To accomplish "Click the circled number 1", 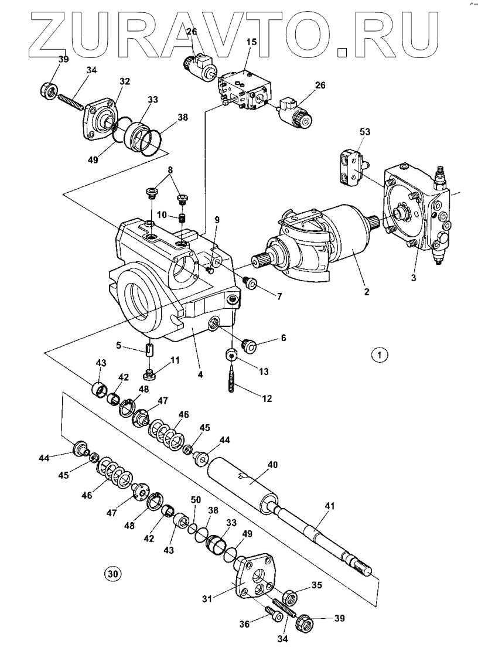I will click(x=379, y=354).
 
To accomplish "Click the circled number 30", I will click(x=112, y=574).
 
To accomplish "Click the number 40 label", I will click(x=272, y=464).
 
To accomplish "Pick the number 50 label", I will click(x=195, y=499).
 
